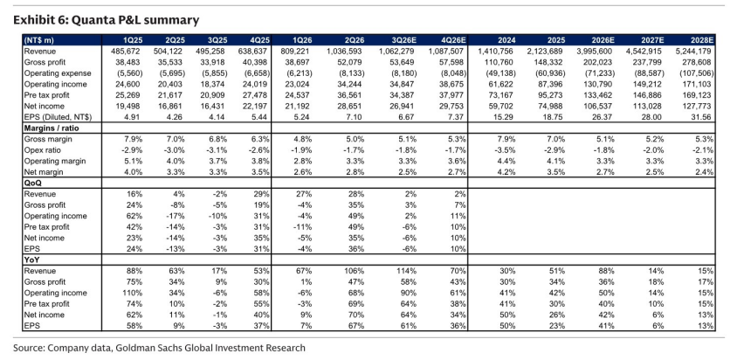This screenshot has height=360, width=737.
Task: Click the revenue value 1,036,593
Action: tap(346, 51)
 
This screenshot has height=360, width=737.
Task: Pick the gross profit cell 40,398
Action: tap(257, 62)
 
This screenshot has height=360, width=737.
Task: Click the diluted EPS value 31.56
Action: tap(705, 117)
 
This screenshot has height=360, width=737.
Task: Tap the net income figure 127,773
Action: tap(699, 106)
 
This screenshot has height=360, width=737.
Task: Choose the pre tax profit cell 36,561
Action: tap(353, 95)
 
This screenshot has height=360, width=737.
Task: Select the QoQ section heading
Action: tap(32, 183)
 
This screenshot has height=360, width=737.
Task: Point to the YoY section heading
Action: tap(31, 260)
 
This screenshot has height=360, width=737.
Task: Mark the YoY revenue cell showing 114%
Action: tap(407, 271)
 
